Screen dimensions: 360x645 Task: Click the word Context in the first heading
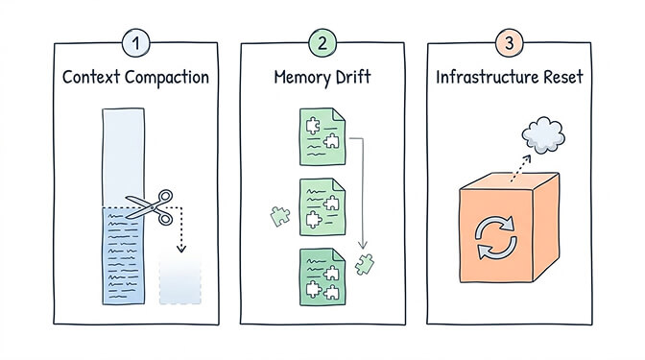(94, 76)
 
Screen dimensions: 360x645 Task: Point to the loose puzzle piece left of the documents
(275, 217)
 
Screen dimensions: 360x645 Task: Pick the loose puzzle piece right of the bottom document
(364, 262)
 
